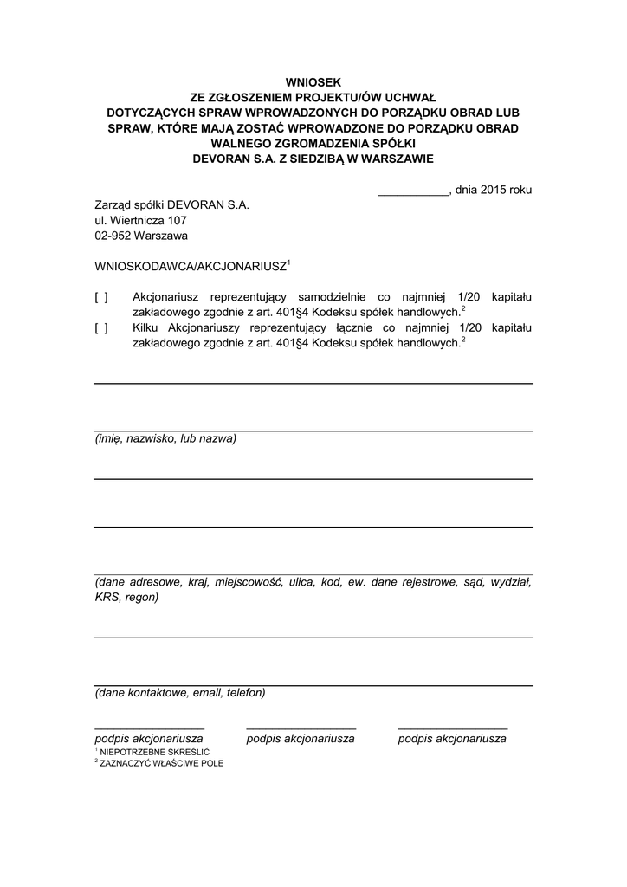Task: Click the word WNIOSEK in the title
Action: tap(313, 81)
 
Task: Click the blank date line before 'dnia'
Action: tap(413, 193)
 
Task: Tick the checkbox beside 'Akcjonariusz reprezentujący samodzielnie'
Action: tap(101, 297)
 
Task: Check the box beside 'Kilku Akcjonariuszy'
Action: tap(101, 327)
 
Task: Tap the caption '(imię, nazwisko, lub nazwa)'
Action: tap(165, 438)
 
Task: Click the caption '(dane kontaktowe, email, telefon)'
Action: tap(180, 693)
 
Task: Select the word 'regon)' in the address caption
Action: tap(142, 597)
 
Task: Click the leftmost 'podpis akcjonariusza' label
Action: tap(149, 739)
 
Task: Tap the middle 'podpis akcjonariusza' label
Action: tap(301, 739)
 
